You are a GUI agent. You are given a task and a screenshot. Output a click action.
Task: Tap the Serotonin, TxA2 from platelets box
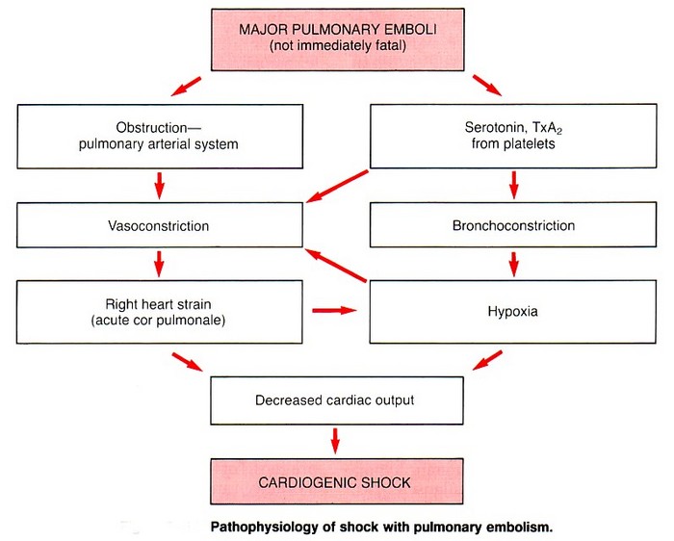coord(513,135)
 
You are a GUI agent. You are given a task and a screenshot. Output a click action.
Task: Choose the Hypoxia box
coord(513,312)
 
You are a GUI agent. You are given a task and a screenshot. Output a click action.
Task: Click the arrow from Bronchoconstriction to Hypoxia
coord(513,263)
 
